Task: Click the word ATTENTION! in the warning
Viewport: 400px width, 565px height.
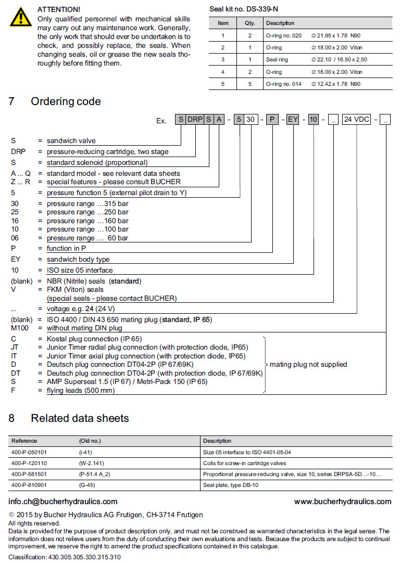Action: click(59, 9)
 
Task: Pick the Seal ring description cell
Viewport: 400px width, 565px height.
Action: click(277, 59)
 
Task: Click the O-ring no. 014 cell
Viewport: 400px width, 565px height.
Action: click(283, 84)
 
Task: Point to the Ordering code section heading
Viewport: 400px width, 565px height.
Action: click(66, 101)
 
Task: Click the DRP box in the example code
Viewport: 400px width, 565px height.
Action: click(195, 120)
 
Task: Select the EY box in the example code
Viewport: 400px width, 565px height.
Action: click(293, 120)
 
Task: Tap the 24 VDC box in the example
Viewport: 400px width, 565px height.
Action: click(356, 120)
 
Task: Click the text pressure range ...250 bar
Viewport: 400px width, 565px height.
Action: click(87, 212)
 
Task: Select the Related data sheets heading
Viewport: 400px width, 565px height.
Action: click(80, 418)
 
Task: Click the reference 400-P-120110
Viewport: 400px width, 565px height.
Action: click(29, 463)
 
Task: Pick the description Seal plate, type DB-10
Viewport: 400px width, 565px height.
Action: click(231, 485)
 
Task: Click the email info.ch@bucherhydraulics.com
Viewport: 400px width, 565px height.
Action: click(63, 502)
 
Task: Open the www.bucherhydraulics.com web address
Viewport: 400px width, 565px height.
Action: click(342, 502)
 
